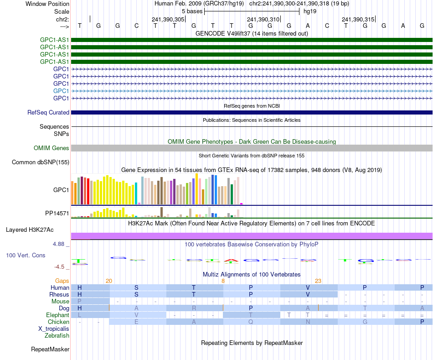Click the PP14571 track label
pyautogui.click(x=57, y=213)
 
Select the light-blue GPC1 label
pyautogui.click(x=61, y=91)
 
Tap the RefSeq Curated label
pyautogui.click(x=48, y=112)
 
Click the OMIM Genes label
pyautogui.click(x=52, y=148)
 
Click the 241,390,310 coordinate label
pyautogui.click(x=263, y=19)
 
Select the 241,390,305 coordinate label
pyautogui.click(x=168, y=19)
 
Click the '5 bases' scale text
pyautogui.click(x=192, y=11)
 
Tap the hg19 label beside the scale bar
pyautogui.click(x=310, y=11)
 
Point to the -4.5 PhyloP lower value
pyautogui.click(x=61, y=267)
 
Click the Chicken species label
pyautogui.click(x=58, y=322)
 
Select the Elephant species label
pyautogui.click(x=57, y=315)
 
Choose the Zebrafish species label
pyautogui.click(x=57, y=336)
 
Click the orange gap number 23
pyautogui.click(x=318, y=281)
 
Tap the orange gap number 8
pyautogui.click(x=223, y=281)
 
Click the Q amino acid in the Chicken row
pyautogui.click(x=251, y=322)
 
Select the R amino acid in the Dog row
pyautogui.click(x=194, y=308)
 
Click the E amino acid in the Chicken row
pyautogui.click(x=136, y=322)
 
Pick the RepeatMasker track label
pyautogui.click(x=50, y=350)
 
